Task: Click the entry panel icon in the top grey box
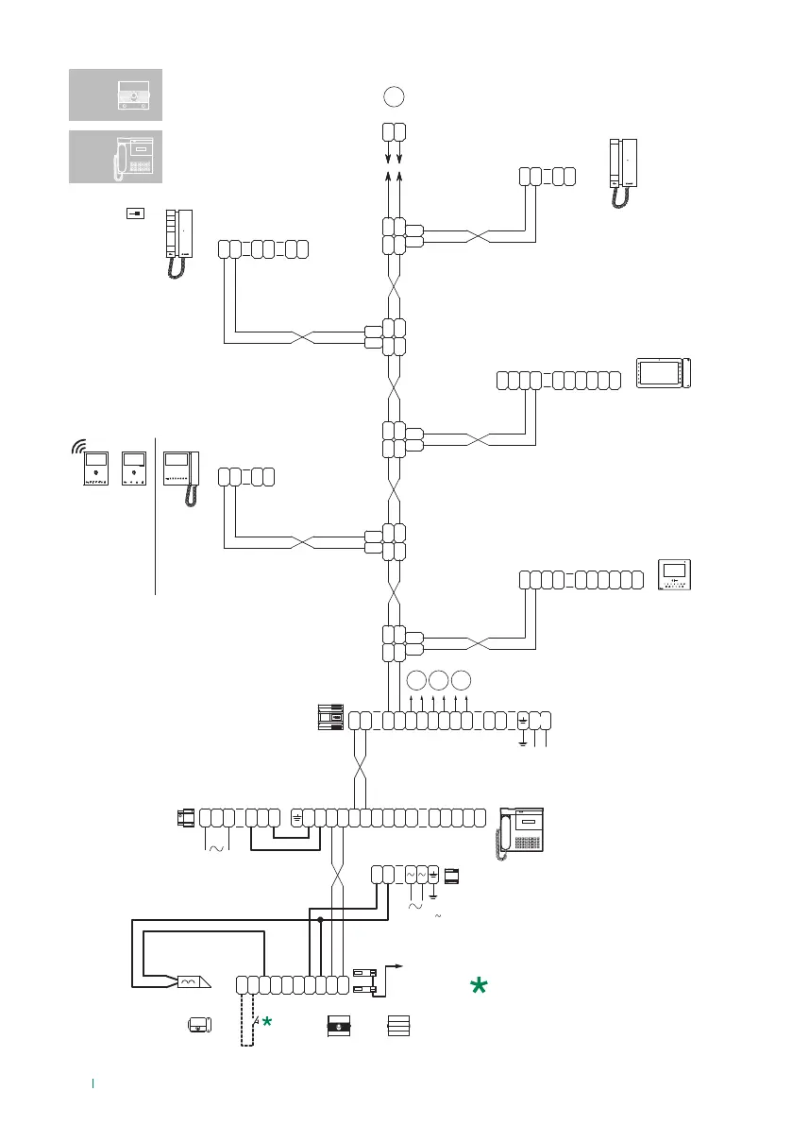[134, 94]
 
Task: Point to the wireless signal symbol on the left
[81, 446]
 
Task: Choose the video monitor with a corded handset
[182, 478]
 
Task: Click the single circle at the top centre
[395, 95]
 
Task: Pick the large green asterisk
[480, 986]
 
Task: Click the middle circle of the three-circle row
[439, 679]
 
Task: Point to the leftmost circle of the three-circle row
[416, 679]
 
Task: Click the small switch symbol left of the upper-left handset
[135, 214]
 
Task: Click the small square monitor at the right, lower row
[675, 576]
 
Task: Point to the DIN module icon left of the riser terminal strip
[329, 719]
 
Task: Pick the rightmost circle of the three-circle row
[462, 679]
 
